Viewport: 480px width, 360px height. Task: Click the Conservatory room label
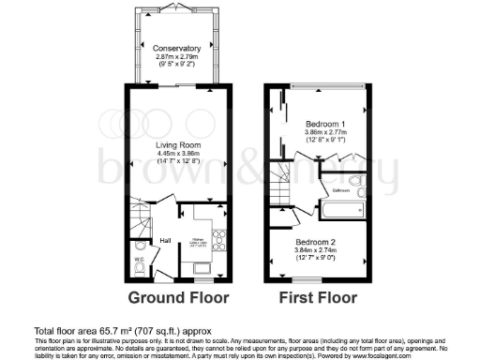(x=178, y=48)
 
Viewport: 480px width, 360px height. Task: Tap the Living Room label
(x=178, y=146)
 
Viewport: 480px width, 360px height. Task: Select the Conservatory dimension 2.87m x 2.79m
(x=178, y=57)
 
